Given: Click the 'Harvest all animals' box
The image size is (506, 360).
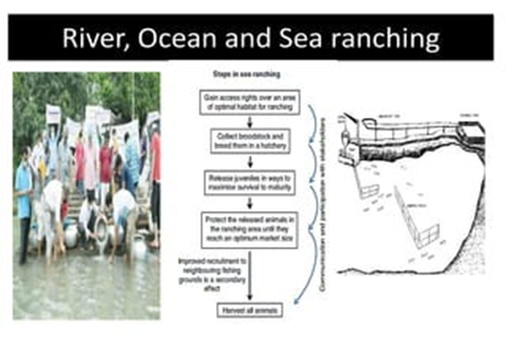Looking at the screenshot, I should (x=250, y=310).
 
